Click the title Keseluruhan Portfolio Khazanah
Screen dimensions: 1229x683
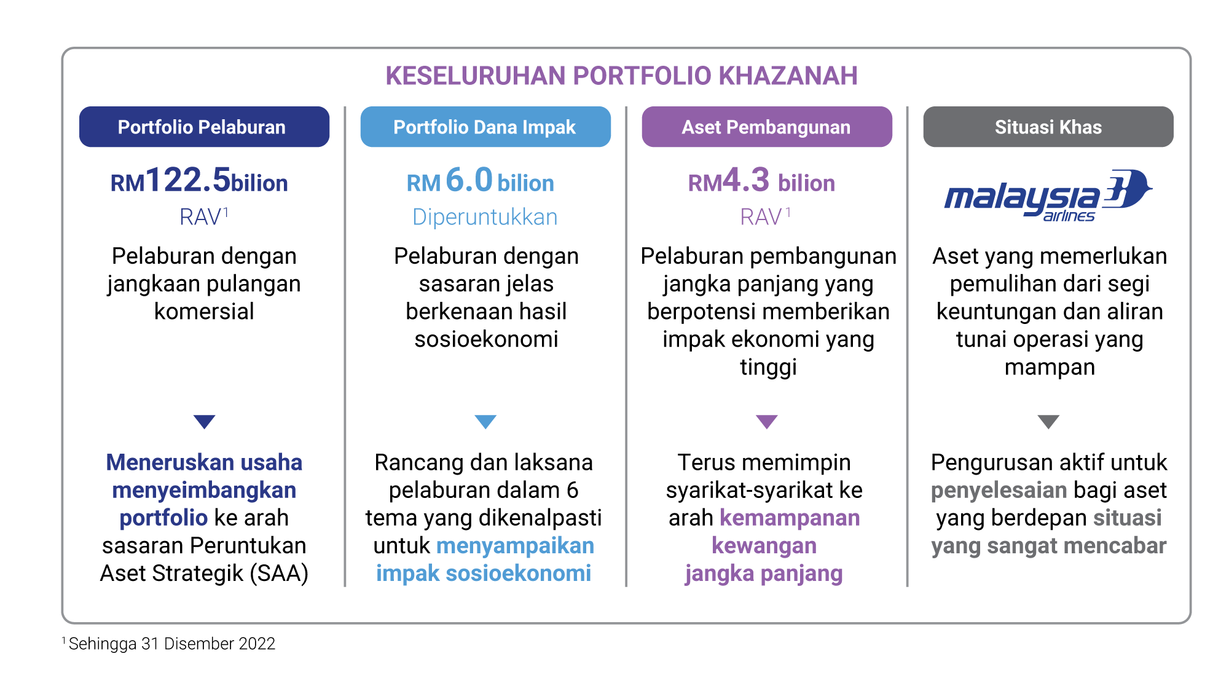pyautogui.click(x=621, y=76)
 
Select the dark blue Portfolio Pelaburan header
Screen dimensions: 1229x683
pyautogui.click(x=204, y=127)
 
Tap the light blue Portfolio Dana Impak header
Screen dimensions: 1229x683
pyautogui.click(x=485, y=127)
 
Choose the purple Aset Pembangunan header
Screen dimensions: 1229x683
pyautogui.click(x=767, y=127)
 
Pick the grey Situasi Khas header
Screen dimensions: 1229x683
pyautogui.click(x=1048, y=127)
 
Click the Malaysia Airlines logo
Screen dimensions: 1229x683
pyautogui.click(x=1048, y=195)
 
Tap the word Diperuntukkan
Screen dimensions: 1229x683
pyautogui.click(x=485, y=217)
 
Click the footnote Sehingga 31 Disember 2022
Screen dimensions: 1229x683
pyautogui.click(x=171, y=644)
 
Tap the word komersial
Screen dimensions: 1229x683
pyautogui.click(x=204, y=311)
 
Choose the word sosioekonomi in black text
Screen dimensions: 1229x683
pyautogui.click(x=486, y=339)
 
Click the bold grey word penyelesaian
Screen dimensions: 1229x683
pyautogui.click(x=999, y=491)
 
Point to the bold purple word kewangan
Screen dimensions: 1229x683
pyautogui.click(x=764, y=546)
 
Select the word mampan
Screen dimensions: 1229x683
pyautogui.click(x=1050, y=368)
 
